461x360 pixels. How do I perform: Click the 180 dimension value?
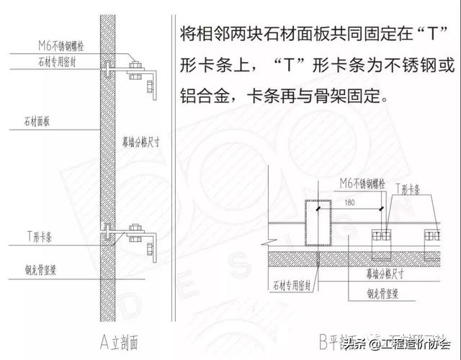click(x=349, y=203)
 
